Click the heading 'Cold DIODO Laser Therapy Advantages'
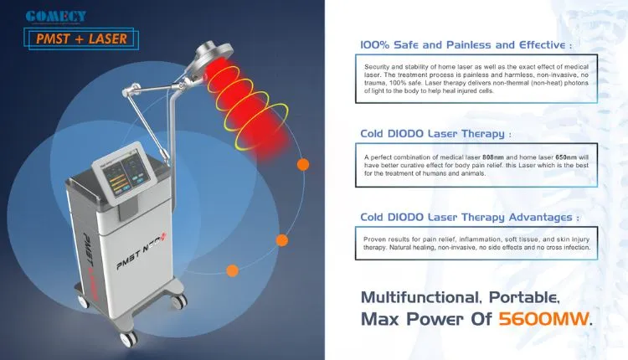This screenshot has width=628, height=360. pyautogui.click(x=469, y=217)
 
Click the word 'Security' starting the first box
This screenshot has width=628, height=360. pyautogui.click(x=379, y=66)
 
